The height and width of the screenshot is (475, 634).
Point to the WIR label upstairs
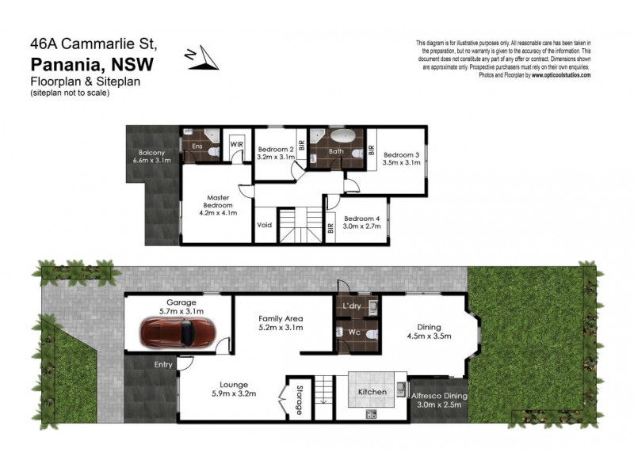point(236,145)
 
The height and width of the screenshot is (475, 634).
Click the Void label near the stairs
point(265,225)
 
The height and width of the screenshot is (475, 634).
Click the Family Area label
point(281,318)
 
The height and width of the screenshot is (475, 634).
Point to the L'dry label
point(352,306)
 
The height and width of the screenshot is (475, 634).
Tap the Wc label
point(353,332)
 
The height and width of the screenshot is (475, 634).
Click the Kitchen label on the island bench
point(372,392)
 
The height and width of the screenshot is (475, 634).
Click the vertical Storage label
point(299,400)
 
